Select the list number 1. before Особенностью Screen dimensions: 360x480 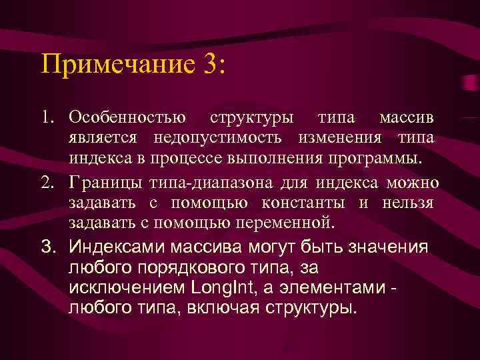click(47, 119)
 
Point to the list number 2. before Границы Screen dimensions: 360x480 click(47, 183)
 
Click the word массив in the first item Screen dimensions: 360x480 click(407, 119)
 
